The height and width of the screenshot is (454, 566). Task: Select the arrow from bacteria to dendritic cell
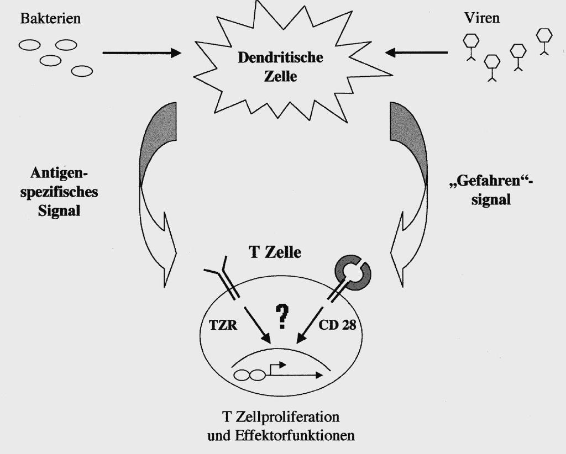pyautogui.click(x=141, y=54)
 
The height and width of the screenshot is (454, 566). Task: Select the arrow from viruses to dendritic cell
pyautogui.click(x=417, y=54)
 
